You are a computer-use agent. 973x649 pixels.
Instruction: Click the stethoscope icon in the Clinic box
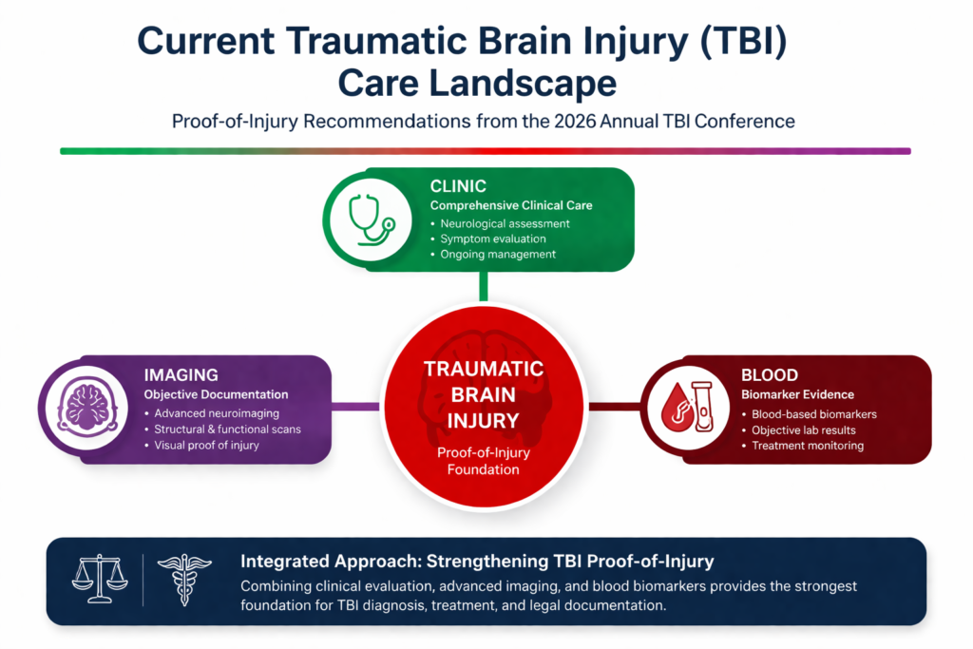tap(372, 219)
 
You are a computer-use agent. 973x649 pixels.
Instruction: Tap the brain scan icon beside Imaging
tap(86, 408)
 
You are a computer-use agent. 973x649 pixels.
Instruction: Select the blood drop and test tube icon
tap(688, 407)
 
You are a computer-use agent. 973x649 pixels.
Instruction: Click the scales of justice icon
tap(100, 580)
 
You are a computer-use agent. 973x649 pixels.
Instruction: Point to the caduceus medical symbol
tap(184, 580)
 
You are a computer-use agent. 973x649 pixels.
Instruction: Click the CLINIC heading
tap(458, 186)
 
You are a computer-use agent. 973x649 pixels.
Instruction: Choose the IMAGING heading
tap(181, 374)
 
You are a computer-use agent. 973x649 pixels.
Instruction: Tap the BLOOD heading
tap(770, 374)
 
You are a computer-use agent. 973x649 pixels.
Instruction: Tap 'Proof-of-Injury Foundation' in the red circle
tap(484, 461)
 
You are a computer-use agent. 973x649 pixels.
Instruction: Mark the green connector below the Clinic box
tap(484, 286)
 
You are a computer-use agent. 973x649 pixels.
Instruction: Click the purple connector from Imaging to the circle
tap(356, 407)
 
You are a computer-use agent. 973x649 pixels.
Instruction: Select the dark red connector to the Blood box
tap(615, 407)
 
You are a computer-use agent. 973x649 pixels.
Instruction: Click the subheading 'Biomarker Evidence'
tap(797, 394)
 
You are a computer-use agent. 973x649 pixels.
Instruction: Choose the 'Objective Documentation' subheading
tap(216, 394)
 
